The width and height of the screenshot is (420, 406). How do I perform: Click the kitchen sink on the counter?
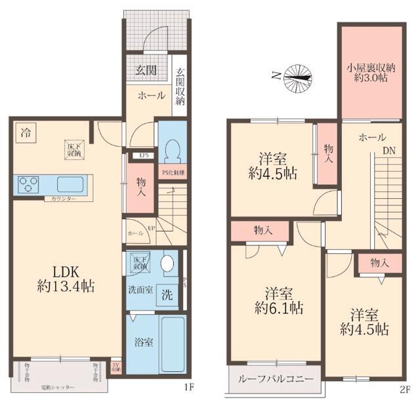click(70, 184)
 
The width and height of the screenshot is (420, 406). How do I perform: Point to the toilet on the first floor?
click(173, 153)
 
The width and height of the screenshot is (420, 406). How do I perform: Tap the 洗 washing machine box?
click(168, 295)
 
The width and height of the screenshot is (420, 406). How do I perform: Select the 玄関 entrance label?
click(146, 70)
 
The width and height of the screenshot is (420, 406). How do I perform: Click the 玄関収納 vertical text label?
click(180, 88)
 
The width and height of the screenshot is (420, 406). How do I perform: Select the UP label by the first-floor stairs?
click(151, 228)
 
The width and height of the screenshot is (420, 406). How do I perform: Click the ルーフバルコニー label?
click(274, 380)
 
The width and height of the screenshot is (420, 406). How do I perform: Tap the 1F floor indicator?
click(189, 388)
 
